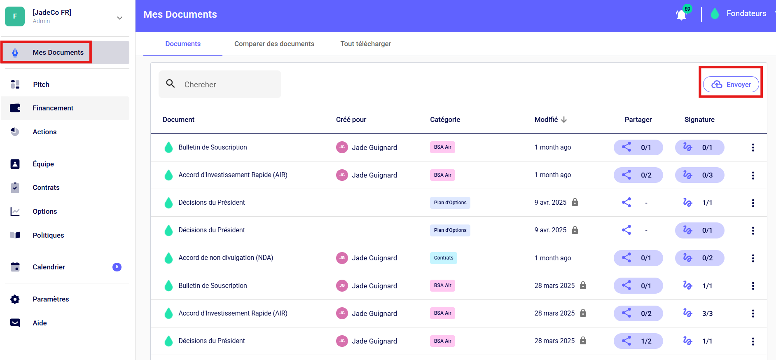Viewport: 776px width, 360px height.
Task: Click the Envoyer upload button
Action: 731,84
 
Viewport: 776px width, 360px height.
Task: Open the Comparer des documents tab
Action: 274,44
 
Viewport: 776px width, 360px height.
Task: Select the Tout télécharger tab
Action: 366,44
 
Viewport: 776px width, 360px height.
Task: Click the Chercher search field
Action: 220,84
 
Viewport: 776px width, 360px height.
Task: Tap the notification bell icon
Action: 681,15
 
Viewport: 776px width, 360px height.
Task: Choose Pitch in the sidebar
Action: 41,84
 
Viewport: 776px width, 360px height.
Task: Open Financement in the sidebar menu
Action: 53,108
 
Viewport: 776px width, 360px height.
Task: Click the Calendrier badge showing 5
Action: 117,267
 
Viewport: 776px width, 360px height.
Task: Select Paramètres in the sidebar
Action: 51,299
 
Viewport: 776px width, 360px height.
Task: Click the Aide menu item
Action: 40,323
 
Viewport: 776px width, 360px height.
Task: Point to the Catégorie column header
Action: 445,119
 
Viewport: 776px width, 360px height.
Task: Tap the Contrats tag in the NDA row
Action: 444,258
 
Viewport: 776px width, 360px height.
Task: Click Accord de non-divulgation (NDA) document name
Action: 226,258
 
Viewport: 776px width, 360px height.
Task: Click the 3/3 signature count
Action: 707,313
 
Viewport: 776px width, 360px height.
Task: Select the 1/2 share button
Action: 638,341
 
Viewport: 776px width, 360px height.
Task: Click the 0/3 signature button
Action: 699,175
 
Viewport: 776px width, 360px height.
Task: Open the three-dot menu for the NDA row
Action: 753,258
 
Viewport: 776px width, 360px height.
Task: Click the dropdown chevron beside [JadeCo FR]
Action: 119,18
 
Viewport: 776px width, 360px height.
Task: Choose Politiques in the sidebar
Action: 48,235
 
